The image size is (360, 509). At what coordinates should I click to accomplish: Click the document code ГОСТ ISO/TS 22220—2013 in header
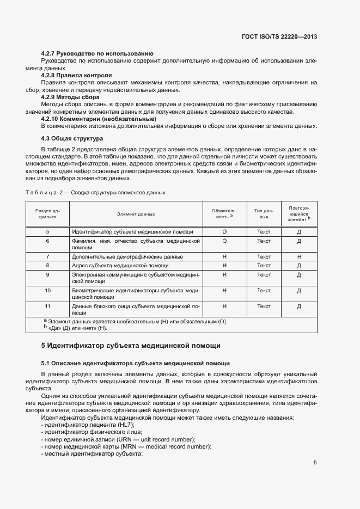pyautogui.click(x=279, y=36)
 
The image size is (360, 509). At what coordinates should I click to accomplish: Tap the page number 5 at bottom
pyautogui.click(x=315, y=463)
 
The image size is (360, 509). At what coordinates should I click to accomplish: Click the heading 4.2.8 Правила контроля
pyautogui.click(x=77, y=75)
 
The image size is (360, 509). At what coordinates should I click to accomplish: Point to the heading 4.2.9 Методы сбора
pyautogui.click(x=70, y=97)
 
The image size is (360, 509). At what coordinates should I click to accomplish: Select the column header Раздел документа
pyautogui.click(x=48, y=214)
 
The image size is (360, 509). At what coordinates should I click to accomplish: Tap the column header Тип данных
pyautogui.click(x=264, y=214)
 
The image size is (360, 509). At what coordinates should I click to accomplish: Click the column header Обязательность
pyautogui.click(x=224, y=213)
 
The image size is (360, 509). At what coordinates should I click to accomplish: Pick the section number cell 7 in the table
pyautogui.click(x=48, y=256)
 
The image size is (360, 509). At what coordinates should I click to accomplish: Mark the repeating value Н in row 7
pyautogui.click(x=299, y=256)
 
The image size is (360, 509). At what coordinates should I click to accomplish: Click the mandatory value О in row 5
pyautogui.click(x=224, y=232)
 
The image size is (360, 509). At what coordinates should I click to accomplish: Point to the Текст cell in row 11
pyautogui.click(x=264, y=306)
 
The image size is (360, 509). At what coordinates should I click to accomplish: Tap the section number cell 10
pyautogui.click(x=48, y=291)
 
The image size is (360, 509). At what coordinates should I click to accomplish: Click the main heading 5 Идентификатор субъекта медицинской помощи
pyautogui.click(x=131, y=345)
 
